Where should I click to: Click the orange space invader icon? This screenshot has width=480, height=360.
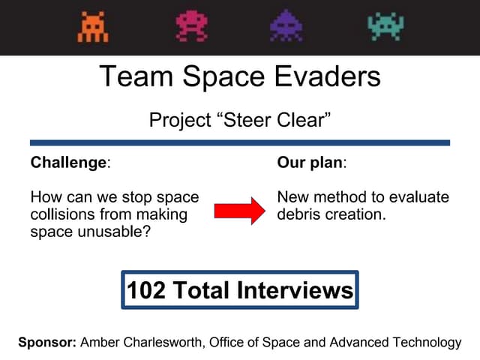[x=93, y=27]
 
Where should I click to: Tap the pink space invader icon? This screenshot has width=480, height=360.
[x=191, y=26]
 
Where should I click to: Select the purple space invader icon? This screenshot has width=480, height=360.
[x=287, y=26]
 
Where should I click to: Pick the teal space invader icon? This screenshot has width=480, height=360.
[x=385, y=26]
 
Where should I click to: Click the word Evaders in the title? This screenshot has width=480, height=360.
[x=325, y=76]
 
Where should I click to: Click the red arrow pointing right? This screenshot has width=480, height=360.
[x=239, y=211]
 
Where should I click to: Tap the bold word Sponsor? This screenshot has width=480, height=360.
[x=46, y=343]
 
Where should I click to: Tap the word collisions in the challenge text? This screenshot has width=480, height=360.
[x=63, y=214]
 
